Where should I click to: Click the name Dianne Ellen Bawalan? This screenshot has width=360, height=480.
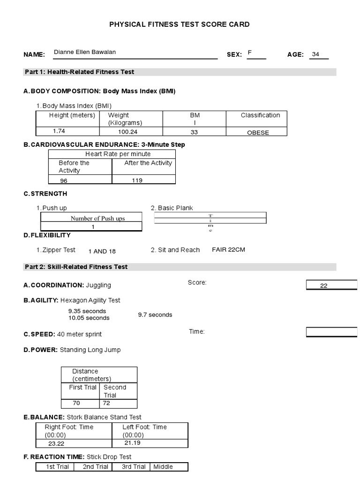coord(85,52)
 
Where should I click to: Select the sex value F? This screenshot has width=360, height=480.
coord(250,52)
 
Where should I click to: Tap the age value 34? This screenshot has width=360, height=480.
coord(315,54)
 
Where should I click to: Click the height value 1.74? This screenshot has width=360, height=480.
coord(59,131)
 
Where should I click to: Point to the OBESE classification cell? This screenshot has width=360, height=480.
coord(258,133)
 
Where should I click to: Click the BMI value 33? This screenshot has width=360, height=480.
coord(194,132)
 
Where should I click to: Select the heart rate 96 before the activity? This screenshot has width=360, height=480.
coord(64,180)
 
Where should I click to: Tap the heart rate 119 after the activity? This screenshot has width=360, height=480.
coord(137,180)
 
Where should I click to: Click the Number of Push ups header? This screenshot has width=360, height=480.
coord(97,218)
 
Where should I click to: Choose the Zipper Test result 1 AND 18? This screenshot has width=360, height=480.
coord(102,251)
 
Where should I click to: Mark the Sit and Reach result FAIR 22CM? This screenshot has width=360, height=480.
coord(228,250)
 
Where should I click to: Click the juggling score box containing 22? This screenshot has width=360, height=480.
coord(332,285)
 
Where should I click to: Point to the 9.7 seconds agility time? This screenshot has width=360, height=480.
coord(155,315)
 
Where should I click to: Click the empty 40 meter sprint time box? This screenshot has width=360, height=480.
coord(332,332)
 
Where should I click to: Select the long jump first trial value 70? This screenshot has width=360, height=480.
coord(76,403)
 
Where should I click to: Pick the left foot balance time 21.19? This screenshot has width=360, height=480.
coord(132,442)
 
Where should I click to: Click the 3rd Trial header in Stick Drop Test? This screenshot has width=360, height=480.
coord(133,466)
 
